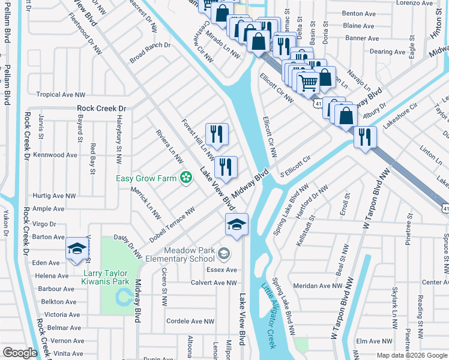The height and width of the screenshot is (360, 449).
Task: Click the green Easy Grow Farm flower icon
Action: click(x=187, y=176)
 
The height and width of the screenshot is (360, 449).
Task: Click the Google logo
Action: click(x=20, y=353)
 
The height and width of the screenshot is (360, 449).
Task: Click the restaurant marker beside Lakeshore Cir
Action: click(x=364, y=137)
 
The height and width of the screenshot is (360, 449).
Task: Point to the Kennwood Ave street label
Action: click(x=56, y=155)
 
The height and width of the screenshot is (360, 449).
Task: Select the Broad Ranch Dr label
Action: click(x=150, y=53)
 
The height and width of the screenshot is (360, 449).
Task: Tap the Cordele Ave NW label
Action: click(x=190, y=322)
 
